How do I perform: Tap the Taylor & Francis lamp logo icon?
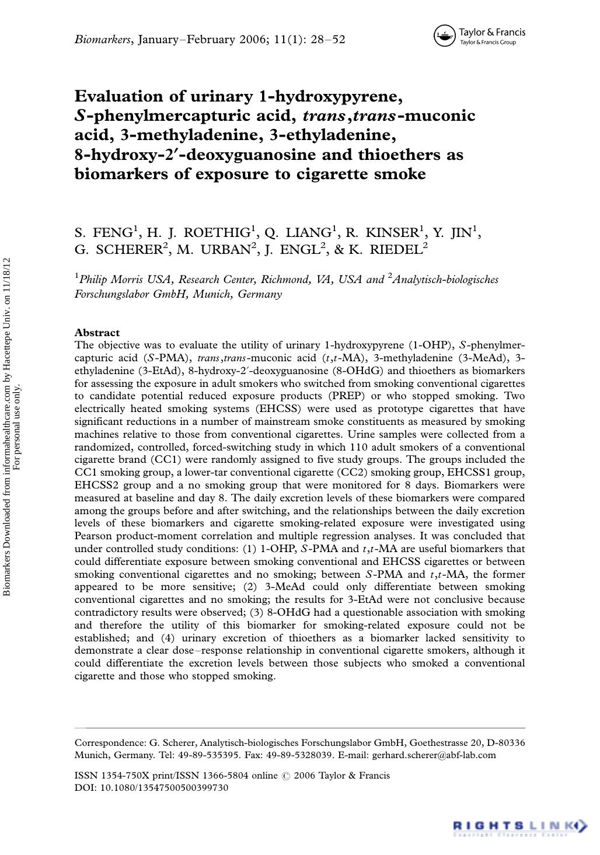445,36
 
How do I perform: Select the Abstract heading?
97,333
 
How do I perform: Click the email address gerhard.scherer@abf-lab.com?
434,755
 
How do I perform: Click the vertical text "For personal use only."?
17,426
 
